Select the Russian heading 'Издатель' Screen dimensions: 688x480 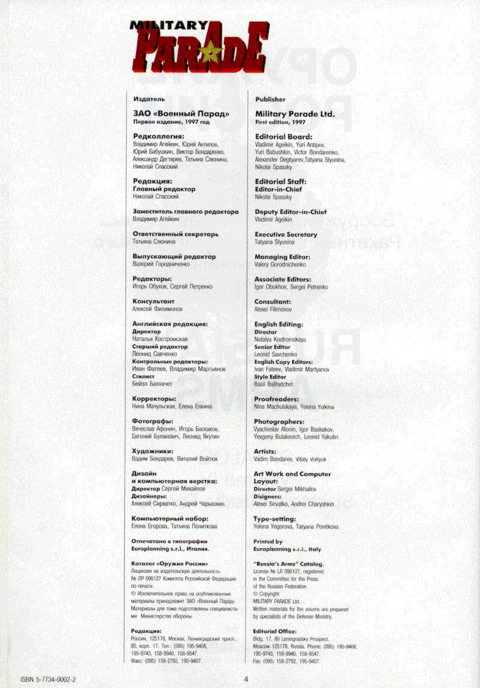click(149, 99)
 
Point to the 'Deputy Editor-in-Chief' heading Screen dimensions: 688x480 click(290, 212)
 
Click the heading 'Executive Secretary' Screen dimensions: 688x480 click(286, 234)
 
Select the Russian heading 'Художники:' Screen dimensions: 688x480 click(152, 451)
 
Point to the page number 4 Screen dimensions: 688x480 click(246, 679)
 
